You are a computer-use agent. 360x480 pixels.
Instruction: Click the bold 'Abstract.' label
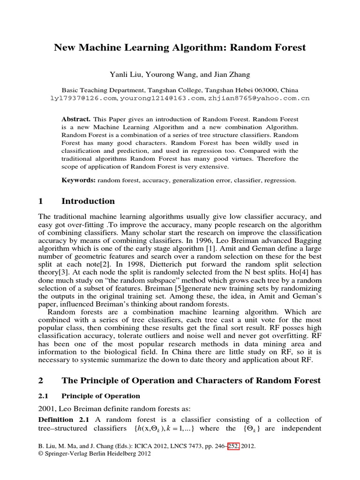pyautogui.click(x=76, y=120)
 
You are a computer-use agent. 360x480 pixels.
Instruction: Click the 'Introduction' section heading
pyautogui.click(x=88, y=202)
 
